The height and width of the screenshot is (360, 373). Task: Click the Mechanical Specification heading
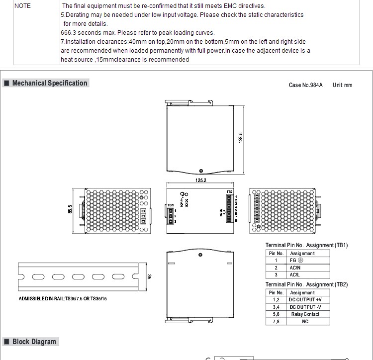click(50, 83)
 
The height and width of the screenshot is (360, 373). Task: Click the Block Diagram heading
click(34, 342)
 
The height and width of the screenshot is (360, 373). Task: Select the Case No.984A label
click(305, 85)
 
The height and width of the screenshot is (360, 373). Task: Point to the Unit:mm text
click(342, 85)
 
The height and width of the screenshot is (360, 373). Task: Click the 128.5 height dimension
click(240, 137)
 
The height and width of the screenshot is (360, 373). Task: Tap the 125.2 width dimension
click(201, 180)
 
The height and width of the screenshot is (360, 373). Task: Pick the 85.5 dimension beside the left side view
click(70, 209)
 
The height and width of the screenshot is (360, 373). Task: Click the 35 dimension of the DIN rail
click(149, 277)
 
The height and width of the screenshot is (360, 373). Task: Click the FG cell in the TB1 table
click(296, 260)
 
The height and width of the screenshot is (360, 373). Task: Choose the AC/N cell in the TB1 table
click(295, 268)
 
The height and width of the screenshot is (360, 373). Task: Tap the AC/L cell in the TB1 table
click(295, 274)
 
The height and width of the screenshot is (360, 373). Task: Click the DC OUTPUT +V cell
click(305, 300)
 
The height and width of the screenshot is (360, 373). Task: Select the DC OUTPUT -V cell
click(305, 307)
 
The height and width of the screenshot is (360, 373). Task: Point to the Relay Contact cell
click(305, 314)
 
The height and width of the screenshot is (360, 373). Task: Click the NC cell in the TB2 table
click(305, 322)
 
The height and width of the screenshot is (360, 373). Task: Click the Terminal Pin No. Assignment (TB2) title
click(306, 284)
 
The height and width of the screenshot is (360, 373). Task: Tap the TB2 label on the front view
click(229, 191)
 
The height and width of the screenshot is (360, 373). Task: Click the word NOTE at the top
click(22, 6)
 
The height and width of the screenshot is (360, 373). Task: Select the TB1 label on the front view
click(171, 205)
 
